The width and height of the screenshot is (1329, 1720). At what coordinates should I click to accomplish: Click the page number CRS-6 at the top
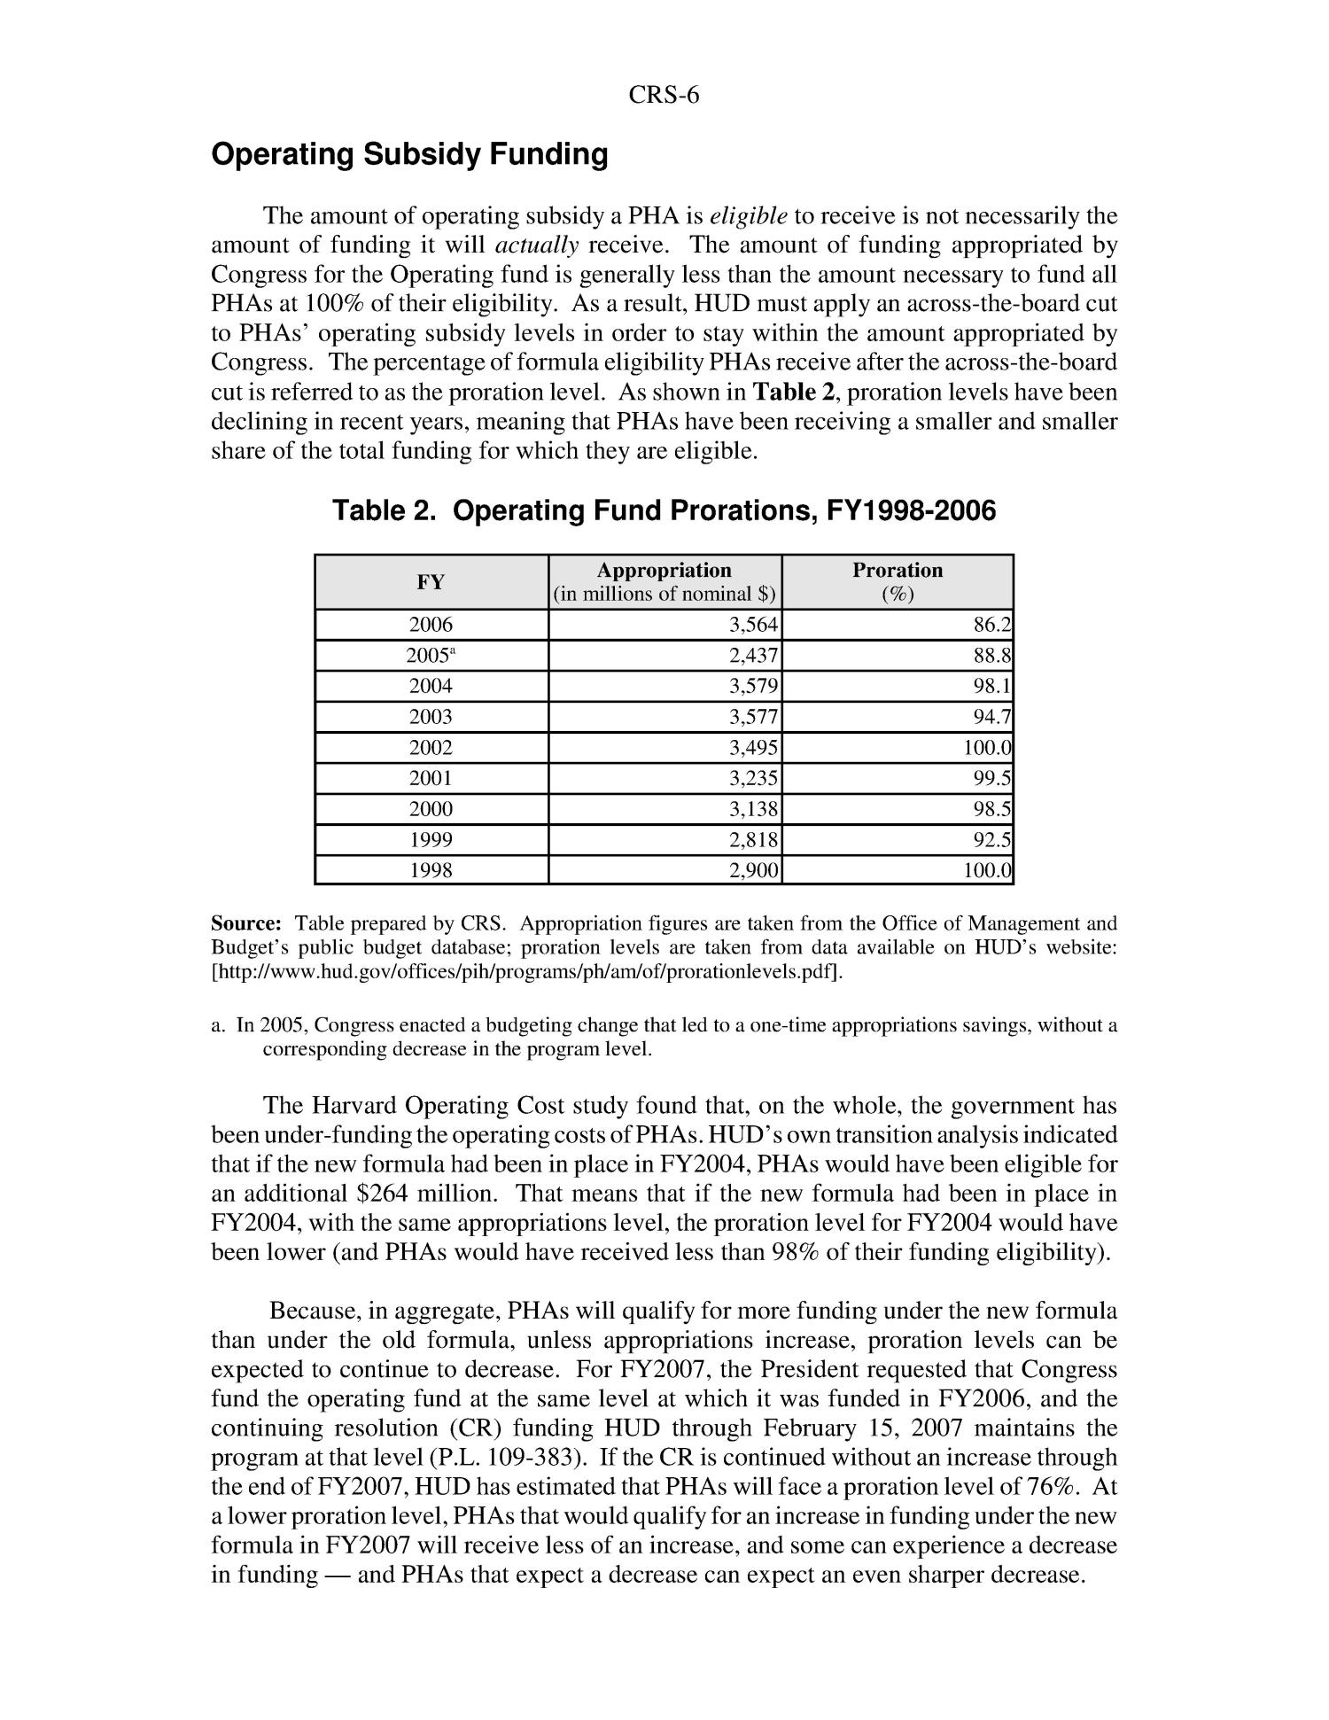click(664, 96)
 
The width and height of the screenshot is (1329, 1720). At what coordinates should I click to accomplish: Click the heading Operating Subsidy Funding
click(409, 155)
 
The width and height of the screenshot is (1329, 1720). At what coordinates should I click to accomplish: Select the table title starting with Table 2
click(664, 510)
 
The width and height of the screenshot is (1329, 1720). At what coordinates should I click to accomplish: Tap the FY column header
click(431, 582)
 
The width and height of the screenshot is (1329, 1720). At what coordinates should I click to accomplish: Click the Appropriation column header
click(664, 581)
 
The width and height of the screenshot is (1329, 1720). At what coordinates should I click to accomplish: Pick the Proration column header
click(898, 581)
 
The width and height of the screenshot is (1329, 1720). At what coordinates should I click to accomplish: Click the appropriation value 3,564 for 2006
click(753, 626)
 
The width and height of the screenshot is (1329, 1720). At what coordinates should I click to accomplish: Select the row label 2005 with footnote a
click(431, 657)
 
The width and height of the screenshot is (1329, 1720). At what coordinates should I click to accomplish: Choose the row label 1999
click(431, 840)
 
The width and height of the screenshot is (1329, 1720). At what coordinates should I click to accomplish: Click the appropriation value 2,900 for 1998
click(753, 871)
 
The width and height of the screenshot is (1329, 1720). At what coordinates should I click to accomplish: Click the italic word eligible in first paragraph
click(749, 216)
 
